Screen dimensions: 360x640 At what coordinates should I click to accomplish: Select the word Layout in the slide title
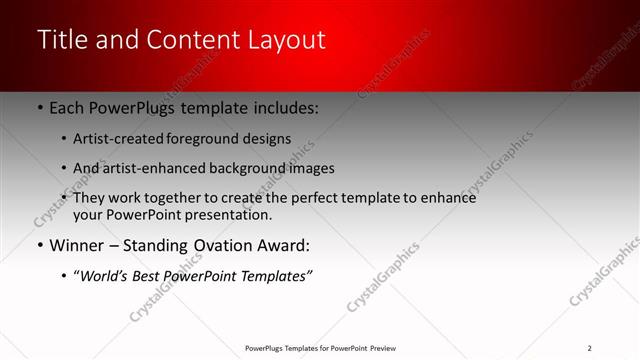(x=285, y=40)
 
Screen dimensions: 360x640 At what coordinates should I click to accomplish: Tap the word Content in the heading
(x=195, y=40)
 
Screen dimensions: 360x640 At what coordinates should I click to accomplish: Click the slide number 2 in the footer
(x=589, y=348)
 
